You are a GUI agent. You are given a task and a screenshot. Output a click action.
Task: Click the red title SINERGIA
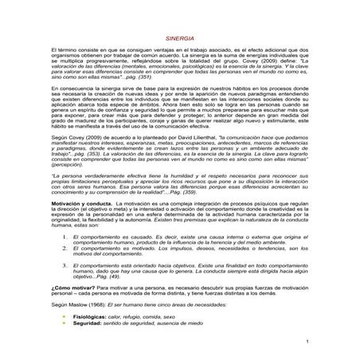(x=179, y=37)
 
